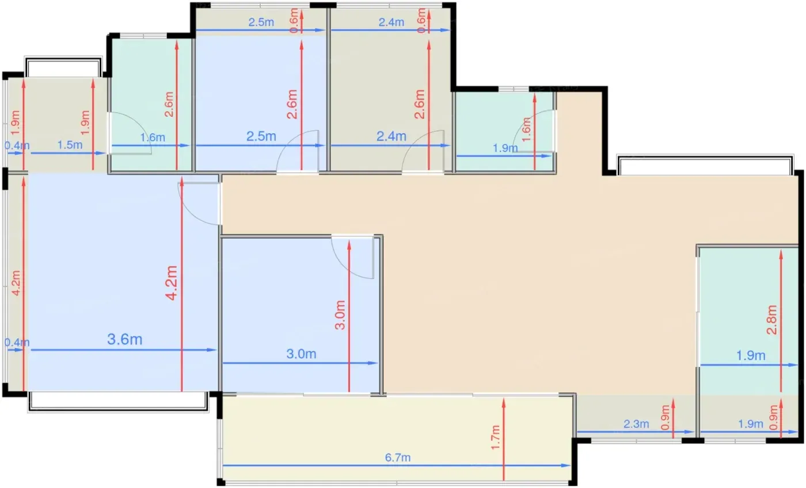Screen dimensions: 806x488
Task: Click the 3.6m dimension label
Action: click(124, 339)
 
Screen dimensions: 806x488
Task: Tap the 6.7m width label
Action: click(398, 457)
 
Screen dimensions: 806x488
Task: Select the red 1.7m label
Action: click(496, 437)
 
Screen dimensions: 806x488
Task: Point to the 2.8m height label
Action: click(772, 320)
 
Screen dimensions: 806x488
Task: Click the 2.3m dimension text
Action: click(636, 424)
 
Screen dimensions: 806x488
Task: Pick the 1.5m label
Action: click(70, 145)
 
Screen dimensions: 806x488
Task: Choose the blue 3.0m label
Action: click(301, 354)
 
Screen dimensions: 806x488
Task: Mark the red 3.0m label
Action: click(340, 315)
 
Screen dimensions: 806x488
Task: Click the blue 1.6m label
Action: click(153, 137)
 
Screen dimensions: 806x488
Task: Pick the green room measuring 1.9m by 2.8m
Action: click(748, 320)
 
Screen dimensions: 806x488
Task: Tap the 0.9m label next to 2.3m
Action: click(666, 417)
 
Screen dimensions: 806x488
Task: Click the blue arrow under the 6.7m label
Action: click(397, 466)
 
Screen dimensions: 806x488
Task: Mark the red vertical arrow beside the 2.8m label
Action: click(781, 321)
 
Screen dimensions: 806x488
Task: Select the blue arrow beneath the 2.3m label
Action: click(636, 432)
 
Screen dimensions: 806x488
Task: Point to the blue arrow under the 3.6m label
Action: click(124, 350)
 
